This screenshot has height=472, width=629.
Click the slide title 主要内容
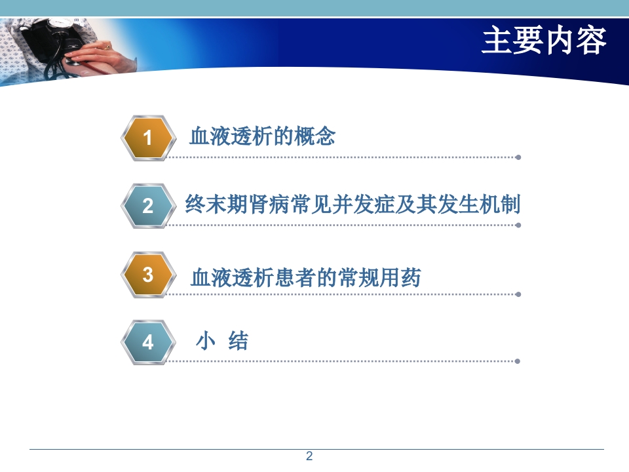coord(544,41)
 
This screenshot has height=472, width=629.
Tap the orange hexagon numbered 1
coord(148,138)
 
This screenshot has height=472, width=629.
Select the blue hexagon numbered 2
coord(148,206)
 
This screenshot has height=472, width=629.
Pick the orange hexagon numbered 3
coord(148,274)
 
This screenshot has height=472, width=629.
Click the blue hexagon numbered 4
coord(148,342)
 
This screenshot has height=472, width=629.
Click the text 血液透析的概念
coord(262,136)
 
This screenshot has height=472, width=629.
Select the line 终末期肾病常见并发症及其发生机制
coord(353,204)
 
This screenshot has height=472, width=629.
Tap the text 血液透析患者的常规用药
coord(305,278)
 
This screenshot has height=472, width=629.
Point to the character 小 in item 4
coord(206,341)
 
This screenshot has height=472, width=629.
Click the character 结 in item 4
coord(238,341)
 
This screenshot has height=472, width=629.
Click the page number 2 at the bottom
coord(310,456)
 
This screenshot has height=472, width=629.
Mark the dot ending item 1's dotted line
coord(518,157)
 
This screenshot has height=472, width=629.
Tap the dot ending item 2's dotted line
coord(518,225)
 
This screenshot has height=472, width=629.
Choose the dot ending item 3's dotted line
coord(518,294)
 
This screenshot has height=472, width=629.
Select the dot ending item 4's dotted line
coord(518,361)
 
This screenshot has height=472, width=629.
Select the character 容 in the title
coord(592,41)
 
